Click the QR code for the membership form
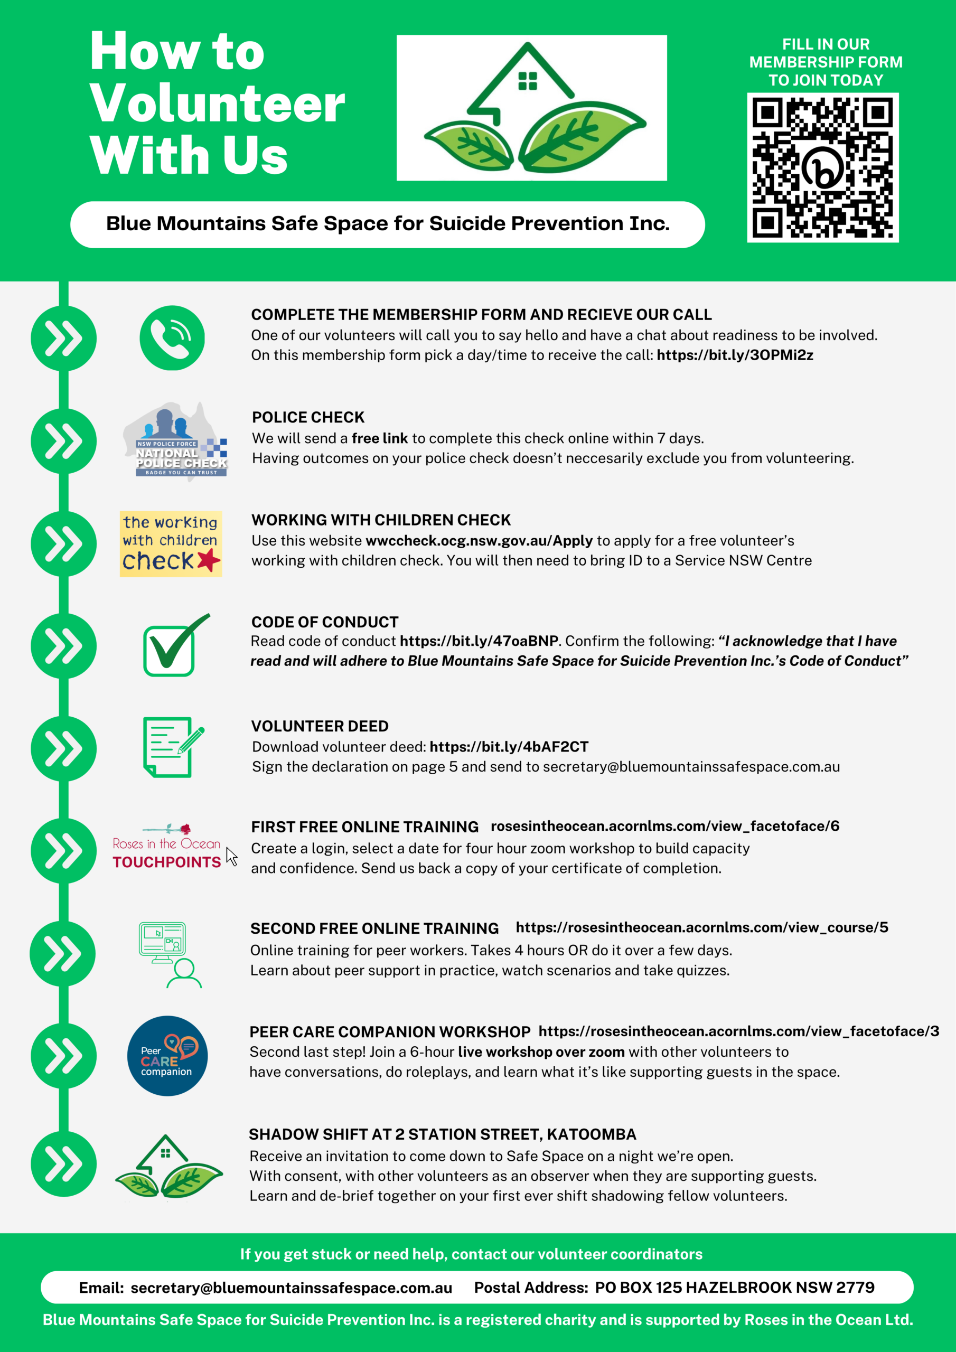pos(823,168)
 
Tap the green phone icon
pos(172,338)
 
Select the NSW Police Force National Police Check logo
pos(175,442)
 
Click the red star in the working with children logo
pos(209,560)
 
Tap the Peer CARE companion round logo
pos(167,1055)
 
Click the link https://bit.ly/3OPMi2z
pos(735,355)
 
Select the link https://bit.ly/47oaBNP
pos(479,641)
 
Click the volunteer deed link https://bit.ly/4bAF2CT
pos(509,747)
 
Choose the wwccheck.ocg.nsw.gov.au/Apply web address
pos(479,541)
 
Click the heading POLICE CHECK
pos(308,418)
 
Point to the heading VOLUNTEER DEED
pos(320,726)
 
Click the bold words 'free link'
pos(379,438)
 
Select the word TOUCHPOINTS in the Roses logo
pos(167,862)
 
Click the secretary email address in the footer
pos(291,1288)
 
